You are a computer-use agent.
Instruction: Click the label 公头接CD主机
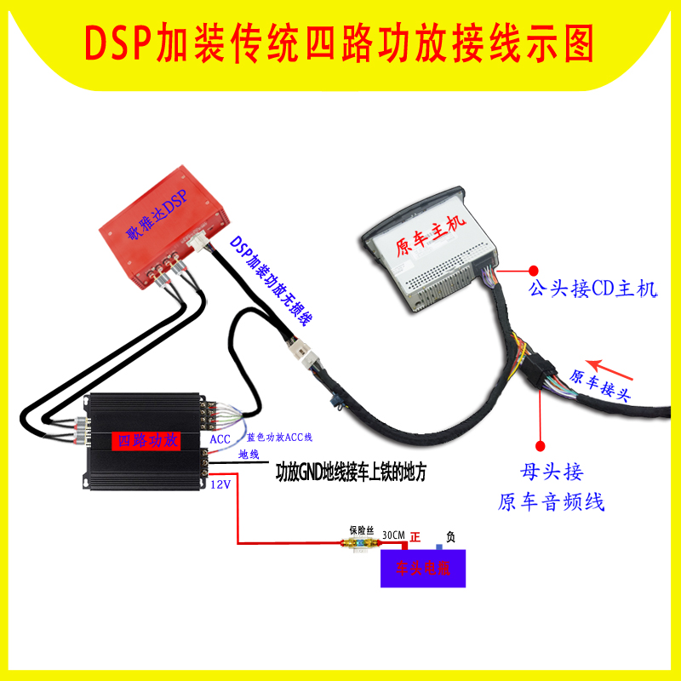coord(593,289)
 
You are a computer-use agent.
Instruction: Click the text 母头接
coord(551,471)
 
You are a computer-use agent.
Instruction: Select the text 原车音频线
coord(551,501)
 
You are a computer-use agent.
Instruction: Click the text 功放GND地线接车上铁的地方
coord(351,470)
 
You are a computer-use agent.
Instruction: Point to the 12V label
coord(220,484)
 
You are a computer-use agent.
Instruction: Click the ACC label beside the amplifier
coord(220,438)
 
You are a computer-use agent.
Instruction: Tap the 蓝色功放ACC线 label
coord(280,438)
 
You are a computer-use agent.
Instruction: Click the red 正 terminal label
coord(416,537)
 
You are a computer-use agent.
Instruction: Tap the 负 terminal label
coord(451,537)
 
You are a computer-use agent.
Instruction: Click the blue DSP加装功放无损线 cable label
coord(271,282)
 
